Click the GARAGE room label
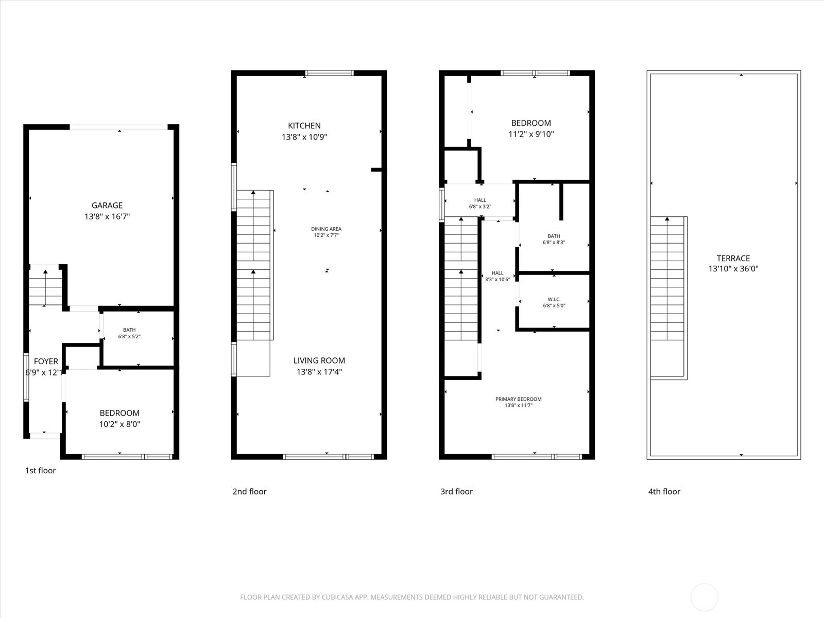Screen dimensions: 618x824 107,205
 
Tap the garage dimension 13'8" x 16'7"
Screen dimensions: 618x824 107,217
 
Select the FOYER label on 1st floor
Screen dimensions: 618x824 46,362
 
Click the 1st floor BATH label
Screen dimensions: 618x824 129,330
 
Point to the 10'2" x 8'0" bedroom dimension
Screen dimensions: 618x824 119,424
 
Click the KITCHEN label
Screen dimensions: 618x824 304,126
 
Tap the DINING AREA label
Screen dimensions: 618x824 326,229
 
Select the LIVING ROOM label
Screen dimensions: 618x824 319,360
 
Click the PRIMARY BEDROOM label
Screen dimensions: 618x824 518,399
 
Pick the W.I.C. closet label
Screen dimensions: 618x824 554,299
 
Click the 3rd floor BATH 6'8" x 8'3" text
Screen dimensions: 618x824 554,242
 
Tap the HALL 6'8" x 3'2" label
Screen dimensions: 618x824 480,203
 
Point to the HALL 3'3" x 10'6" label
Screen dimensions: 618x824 497,277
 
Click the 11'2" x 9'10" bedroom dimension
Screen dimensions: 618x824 531,134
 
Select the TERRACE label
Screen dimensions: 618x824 733,259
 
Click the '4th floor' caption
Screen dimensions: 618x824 664,491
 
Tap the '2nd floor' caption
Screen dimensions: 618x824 249,491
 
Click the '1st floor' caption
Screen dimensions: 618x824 40,470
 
